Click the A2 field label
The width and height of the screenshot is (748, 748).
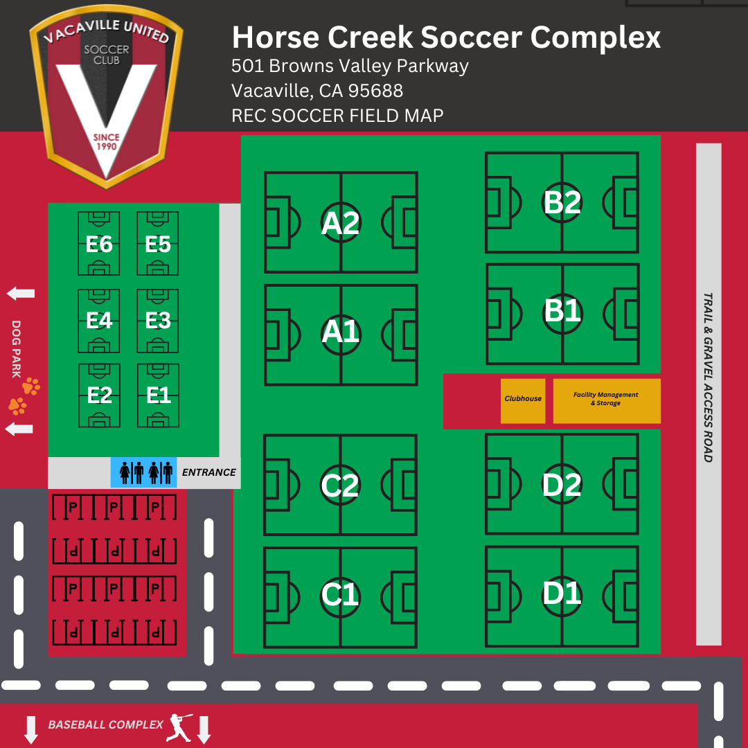[x=341, y=223]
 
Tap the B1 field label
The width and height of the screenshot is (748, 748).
[x=562, y=311]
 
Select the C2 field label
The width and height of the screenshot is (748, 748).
[x=340, y=485]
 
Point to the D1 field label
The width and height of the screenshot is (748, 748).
[x=562, y=594]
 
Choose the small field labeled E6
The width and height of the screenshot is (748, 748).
[x=99, y=244]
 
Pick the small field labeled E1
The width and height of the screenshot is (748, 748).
[x=159, y=395]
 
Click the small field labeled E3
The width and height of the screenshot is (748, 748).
[x=159, y=320]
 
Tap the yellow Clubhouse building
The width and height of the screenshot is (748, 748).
[x=523, y=400]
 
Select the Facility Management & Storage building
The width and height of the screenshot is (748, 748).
[x=606, y=400]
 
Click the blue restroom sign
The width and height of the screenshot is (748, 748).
[x=144, y=472]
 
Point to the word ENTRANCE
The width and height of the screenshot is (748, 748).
[x=208, y=472]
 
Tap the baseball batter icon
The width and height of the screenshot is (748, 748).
[x=178, y=726]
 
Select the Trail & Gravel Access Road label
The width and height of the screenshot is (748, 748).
[x=708, y=377]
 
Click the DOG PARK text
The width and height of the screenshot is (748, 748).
[x=17, y=348]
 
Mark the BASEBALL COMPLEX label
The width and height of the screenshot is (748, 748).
[x=105, y=724]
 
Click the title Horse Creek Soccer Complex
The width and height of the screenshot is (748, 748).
[x=445, y=37]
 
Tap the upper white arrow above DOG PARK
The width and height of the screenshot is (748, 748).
[x=21, y=294]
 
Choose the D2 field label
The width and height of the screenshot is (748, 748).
[x=562, y=485]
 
